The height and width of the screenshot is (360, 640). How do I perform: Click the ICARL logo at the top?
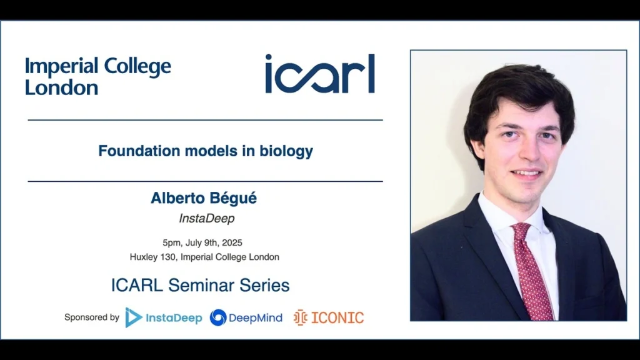320,74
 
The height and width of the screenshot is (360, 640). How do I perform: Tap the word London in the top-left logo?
61,87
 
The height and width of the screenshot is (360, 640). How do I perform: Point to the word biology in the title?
287,151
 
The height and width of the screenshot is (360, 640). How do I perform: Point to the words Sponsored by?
91,317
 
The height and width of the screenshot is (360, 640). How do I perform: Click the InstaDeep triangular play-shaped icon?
133,317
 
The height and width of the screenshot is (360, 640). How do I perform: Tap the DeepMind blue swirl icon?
218,317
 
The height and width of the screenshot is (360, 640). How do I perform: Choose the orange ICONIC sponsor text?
337,317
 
